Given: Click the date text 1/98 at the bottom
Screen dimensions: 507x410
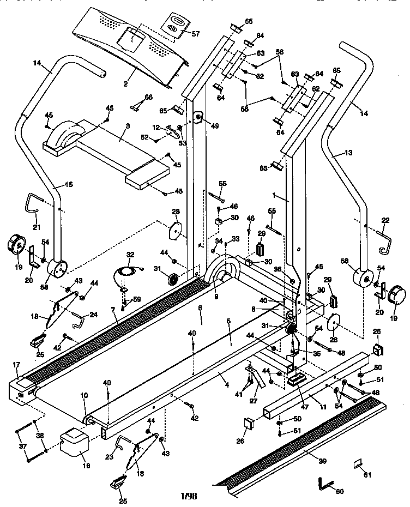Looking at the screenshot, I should [188, 496].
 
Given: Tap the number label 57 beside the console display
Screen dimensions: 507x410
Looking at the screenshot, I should [196, 34].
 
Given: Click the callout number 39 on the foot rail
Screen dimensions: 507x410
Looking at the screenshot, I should [323, 461].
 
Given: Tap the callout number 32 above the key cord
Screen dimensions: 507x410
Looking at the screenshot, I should [129, 255].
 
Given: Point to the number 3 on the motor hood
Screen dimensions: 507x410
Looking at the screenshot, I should [126, 126].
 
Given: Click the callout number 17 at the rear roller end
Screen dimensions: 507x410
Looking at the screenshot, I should [16, 365].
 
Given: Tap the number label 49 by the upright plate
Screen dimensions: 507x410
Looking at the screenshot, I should [214, 126].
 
